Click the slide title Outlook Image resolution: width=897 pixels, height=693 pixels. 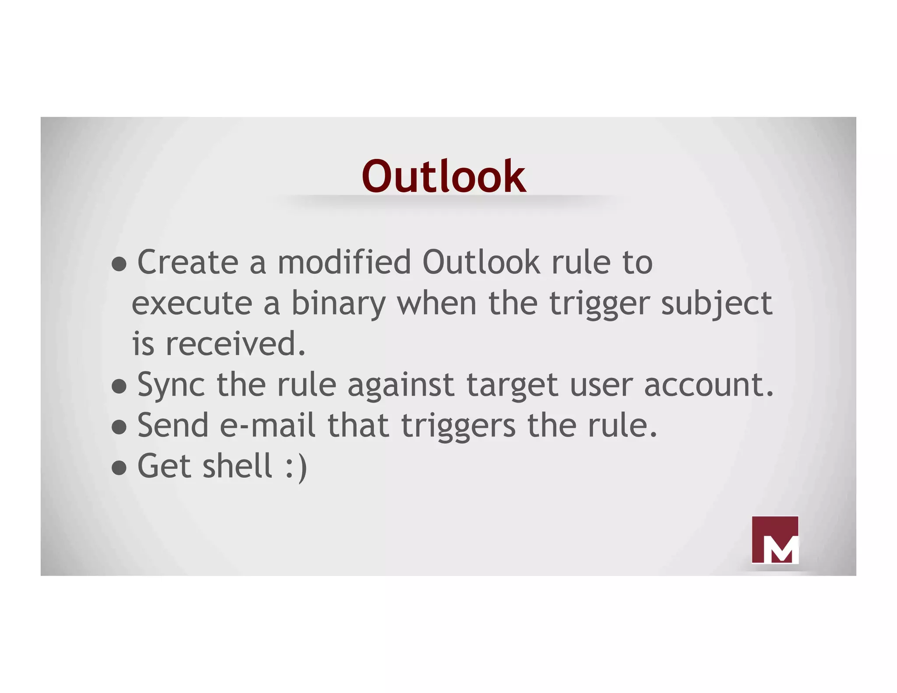[443, 177]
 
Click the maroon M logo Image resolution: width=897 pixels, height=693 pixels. [774, 540]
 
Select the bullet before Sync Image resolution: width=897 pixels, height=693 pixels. [119, 386]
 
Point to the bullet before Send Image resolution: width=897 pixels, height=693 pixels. [119, 427]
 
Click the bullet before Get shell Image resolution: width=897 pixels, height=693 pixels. [119, 467]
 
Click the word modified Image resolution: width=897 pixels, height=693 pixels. [344, 262]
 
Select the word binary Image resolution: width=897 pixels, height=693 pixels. [338, 304]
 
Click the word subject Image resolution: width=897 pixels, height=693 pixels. [717, 304]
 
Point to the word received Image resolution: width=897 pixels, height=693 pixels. [235, 344]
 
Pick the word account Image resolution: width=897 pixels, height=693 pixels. [708, 385]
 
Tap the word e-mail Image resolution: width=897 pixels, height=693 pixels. [267, 425]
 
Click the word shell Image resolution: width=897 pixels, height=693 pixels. [238, 466]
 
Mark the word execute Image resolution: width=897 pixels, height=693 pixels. [192, 304]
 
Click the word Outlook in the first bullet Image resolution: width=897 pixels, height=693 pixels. [481, 262]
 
